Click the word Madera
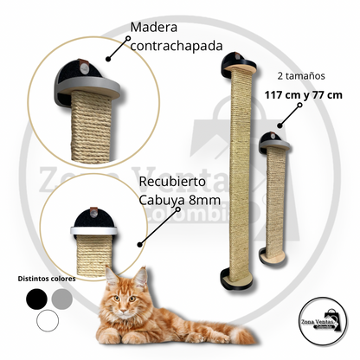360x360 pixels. [154, 28]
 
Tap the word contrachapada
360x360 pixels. [177, 46]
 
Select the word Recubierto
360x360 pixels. [172, 182]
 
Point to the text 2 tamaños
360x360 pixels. [301, 76]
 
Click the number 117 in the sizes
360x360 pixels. [274, 95]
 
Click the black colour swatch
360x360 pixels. [36, 299]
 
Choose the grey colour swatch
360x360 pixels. [61, 299]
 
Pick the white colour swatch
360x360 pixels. [48, 320]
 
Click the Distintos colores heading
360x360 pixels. [47, 279]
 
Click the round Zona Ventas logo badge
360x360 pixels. [323, 321]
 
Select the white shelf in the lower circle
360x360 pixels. [93, 230]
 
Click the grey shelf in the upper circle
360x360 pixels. [87, 87]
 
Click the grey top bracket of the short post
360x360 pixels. [274, 145]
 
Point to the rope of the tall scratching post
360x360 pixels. [240, 173]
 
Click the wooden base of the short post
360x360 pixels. [274, 255]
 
